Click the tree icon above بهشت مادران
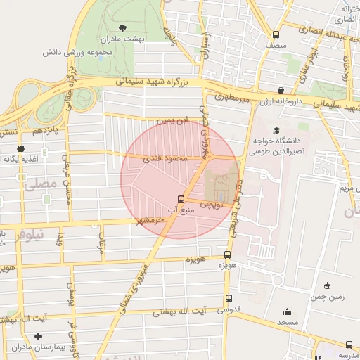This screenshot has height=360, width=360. [123, 29]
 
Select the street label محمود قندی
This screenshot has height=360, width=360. [167, 159]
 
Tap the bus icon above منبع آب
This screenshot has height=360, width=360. [181, 199]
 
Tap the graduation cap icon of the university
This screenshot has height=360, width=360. [276, 130]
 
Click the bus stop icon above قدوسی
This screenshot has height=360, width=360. [226, 297]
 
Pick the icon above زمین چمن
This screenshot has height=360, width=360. [328, 285]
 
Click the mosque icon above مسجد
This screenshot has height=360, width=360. [287, 311]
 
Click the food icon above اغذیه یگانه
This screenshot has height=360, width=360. [20, 148]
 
